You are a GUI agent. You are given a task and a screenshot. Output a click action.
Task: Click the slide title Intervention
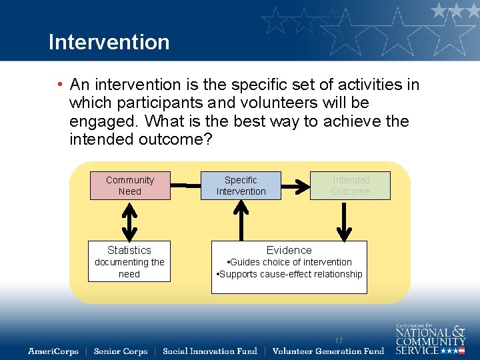pos(109,41)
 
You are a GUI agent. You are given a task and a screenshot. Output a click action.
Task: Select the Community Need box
pos(130,185)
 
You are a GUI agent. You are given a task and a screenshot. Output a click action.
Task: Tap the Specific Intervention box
pos(241,185)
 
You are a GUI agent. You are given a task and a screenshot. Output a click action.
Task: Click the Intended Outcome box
pos(351,185)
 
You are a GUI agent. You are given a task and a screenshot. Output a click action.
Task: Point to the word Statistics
pos(129,250)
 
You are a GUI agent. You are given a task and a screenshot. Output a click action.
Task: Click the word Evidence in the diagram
pos(289,250)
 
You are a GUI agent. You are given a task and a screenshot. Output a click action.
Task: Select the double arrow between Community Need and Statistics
pos(130,220)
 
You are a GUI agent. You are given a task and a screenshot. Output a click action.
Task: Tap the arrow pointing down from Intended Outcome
pos(344,220)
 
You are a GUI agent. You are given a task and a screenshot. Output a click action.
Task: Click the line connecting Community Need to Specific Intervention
pos(186,180)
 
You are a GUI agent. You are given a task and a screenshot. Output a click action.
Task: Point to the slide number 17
pos(339,341)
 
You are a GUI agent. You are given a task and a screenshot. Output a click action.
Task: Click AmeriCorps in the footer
pos(53,351)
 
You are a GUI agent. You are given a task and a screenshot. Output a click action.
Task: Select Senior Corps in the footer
pos(121,351)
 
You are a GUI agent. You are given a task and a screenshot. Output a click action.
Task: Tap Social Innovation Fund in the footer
pos(209,351)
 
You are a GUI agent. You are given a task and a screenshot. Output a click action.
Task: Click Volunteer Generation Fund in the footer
pos(328,351)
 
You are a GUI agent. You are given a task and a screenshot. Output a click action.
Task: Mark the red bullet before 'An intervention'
pos(60,85)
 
